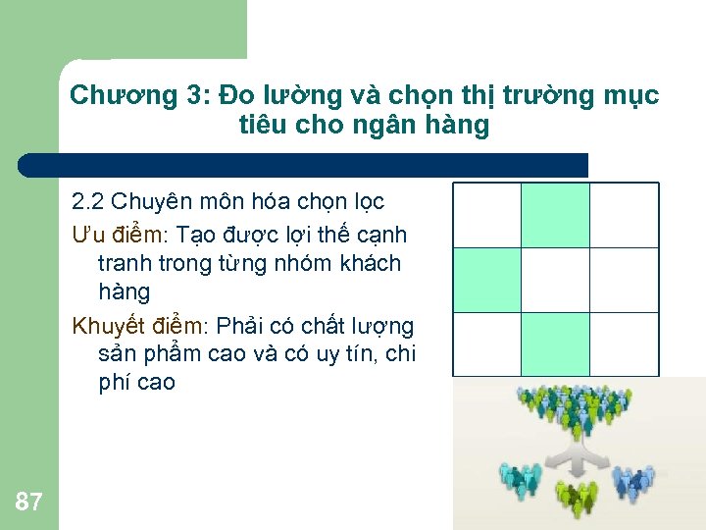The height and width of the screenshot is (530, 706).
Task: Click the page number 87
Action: pyautogui.click(x=28, y=503)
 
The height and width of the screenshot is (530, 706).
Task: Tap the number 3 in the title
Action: pyautogui.click(x=191, y=96)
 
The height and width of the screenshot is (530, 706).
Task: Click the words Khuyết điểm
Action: pyautogui.click(x=140, y=326)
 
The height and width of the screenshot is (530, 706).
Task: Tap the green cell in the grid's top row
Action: pyautogui.click(x=555, y=215)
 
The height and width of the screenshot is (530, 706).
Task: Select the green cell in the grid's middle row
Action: pyautogui.click(x=485, y=280)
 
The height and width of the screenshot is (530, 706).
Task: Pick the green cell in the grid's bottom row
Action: pyautogui.click(x=555, y=344)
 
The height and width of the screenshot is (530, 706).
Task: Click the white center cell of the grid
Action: pyautogui.click(x=555, y=280)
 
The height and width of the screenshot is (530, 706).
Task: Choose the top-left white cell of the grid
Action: pyautogui.click(x=485, y=215)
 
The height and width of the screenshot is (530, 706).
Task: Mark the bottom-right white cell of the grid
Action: pyautogui.click(x=625, y=344)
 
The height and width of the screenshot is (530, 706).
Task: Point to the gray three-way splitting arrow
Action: pyautogui.click(x=576, y=456)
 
